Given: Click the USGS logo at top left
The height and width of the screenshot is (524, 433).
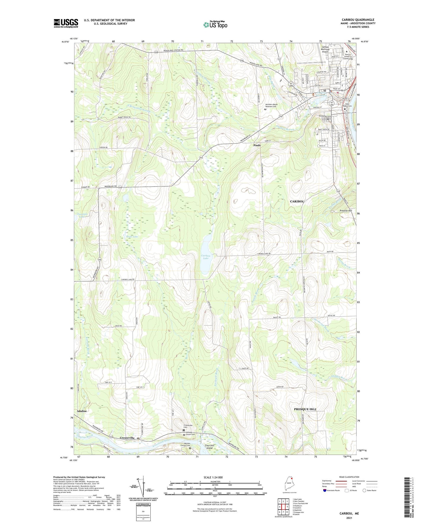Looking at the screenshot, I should pyautogui.click(x=66, y=23).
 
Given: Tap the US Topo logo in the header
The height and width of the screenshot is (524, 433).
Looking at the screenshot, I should pyautogui.click(x=215, y=25).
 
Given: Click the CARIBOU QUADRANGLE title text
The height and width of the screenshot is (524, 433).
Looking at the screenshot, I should pyautogui.click(x=358, y=20).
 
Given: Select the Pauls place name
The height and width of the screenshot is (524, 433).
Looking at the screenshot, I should pyautogui.click(x=257, y=145).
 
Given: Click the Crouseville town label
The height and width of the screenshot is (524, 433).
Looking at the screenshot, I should pyautogui.click(x=127, y=438).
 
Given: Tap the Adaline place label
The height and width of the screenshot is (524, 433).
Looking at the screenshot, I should pyautogui.click(x=82, y=411).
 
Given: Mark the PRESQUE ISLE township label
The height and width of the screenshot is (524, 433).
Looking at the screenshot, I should pyautogui.click(x=305, y=409).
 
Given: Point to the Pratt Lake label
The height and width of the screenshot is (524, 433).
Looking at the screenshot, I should pyautogui.click(x=132, y=236).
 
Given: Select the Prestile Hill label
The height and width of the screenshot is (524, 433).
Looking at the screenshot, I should pyautogui.click(x=346, y=211).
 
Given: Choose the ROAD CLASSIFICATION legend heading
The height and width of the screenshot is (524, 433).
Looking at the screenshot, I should pyautogui.click(x=349, y=477).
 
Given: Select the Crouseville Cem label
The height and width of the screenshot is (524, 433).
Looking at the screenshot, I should pyautogui.click(x=188, y=427).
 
